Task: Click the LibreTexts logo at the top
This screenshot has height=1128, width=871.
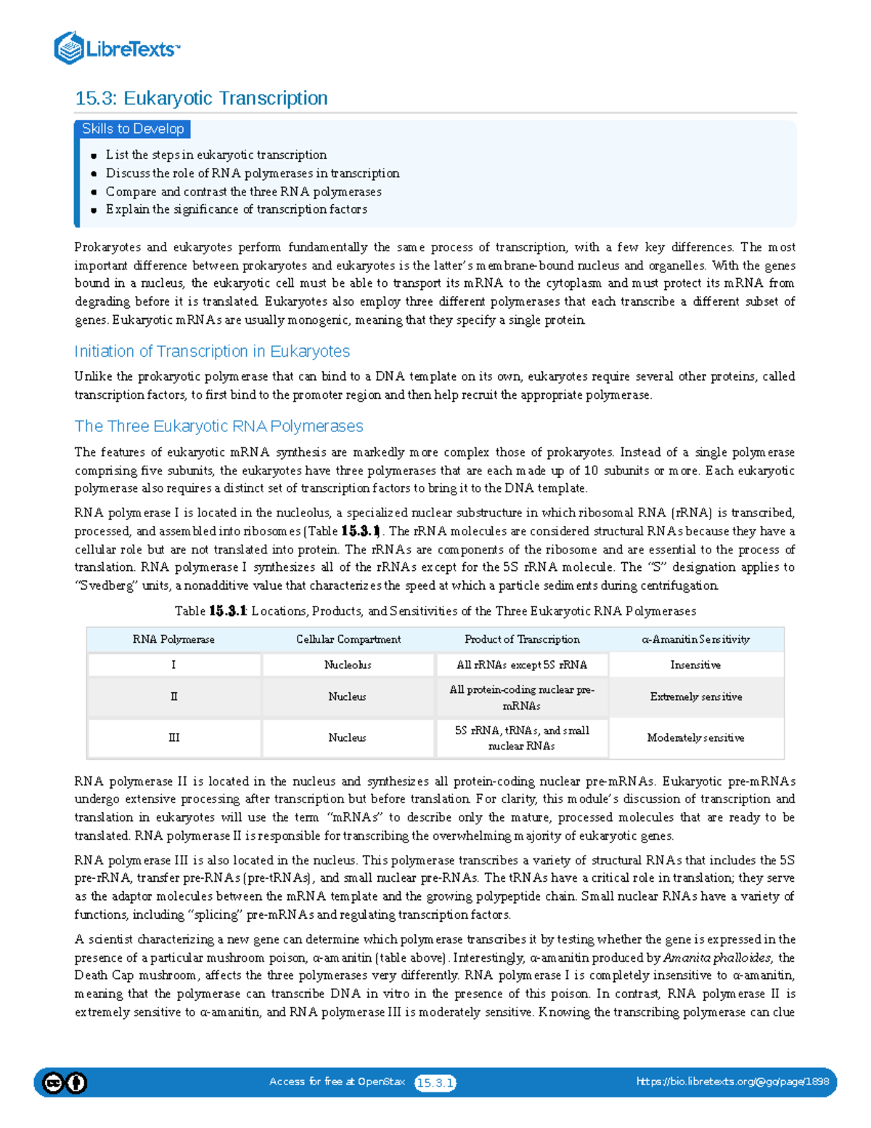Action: [x=116, y=49]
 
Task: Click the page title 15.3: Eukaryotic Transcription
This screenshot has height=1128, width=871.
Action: [x=201, y=98]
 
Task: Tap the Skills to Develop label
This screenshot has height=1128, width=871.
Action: [x=133, y=129]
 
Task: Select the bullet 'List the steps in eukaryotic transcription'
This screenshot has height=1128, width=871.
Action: [x=216, y=155]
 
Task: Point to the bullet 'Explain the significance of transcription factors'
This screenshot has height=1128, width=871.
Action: [x=236, y=209]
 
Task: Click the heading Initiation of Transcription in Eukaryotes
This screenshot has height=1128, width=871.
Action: [x=212, y=352]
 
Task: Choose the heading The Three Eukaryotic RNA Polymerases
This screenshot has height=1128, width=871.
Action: [x=218, y=426]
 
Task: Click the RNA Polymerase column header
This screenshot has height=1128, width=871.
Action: [x=173, y=639]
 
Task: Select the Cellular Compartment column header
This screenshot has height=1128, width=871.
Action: [x=348, y=639]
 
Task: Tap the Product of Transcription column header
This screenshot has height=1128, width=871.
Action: [x=522, y=639]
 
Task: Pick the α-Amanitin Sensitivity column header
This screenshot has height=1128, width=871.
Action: [x=695, y=639]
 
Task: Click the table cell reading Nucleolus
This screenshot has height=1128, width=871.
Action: [x=348, y=665]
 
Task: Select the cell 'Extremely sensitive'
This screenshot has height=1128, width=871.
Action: [x=695, y=697]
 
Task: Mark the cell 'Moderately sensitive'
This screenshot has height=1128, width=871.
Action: [x=695, y=738]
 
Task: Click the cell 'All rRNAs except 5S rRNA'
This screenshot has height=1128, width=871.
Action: [x=522, y=665]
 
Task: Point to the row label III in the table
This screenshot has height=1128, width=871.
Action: [x=173, y=738]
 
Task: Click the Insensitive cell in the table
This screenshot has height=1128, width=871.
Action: [x=695, y=665]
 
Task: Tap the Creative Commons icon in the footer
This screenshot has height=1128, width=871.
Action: [x=54, y=1083]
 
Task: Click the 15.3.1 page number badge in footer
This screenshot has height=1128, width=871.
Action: [x=435, y=1083]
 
